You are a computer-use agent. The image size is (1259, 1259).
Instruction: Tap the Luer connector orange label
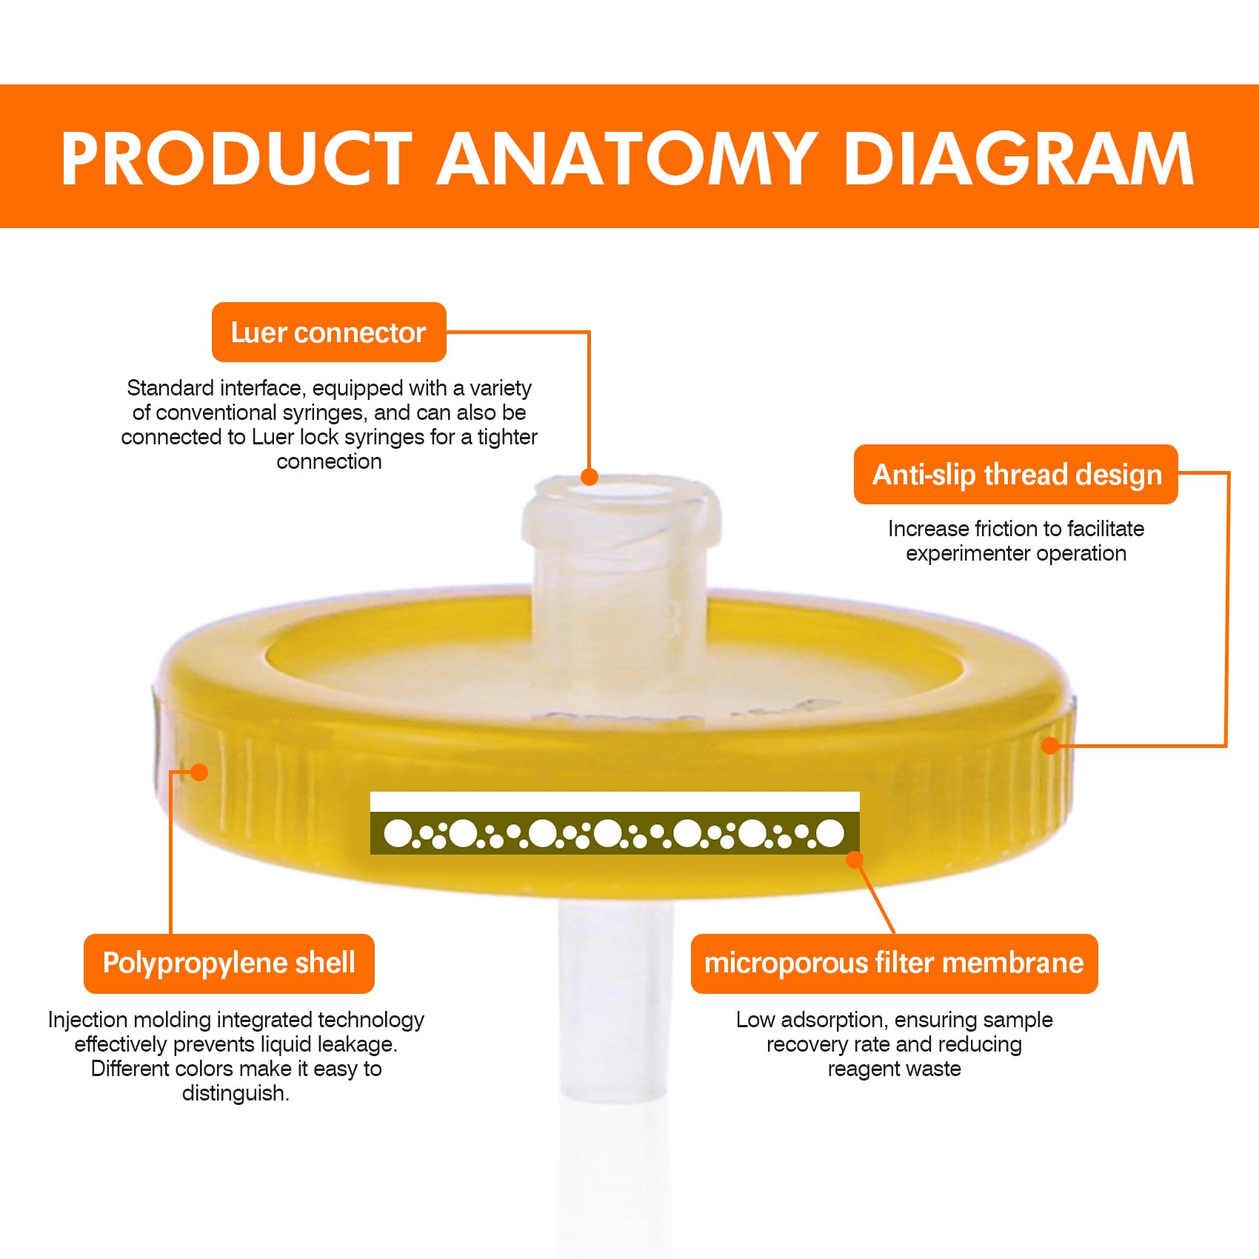point(329,333)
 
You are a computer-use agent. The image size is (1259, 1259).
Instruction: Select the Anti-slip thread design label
point(1016,475)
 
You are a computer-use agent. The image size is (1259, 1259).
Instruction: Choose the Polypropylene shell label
point(229,963)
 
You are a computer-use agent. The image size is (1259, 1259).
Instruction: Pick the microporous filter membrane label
point(894,963)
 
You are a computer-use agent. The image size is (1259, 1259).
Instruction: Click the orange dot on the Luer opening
point(590,476)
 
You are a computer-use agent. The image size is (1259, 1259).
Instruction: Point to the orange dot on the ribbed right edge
point(1050,745)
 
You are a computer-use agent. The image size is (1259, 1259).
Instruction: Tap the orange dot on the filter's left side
point(198,772)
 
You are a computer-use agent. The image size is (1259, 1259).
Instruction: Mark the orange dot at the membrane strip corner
point(855,860)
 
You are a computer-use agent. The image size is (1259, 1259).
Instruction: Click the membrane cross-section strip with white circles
point(615,832)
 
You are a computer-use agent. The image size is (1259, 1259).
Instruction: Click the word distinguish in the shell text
point(235,1093)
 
